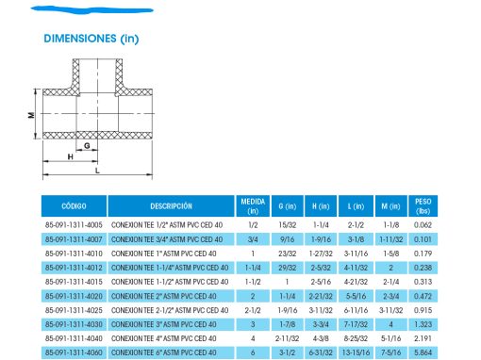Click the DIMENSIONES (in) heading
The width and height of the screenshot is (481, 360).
tap(91, 39)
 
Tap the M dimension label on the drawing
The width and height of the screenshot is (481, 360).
tap(31, 115)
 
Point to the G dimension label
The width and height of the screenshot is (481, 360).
tap(87, 145)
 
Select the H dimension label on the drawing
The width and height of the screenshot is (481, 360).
tap(71, 156)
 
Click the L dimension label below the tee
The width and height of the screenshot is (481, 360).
tap(97, 171)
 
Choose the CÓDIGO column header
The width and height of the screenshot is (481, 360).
tap(74, 206)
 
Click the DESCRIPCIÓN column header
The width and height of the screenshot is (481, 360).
tap(171, 206)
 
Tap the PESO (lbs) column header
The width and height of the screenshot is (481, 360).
tap(423, 206)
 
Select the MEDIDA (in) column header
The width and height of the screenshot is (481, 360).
tap(253, 206)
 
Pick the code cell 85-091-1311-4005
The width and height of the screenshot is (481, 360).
tap(74, 225)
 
